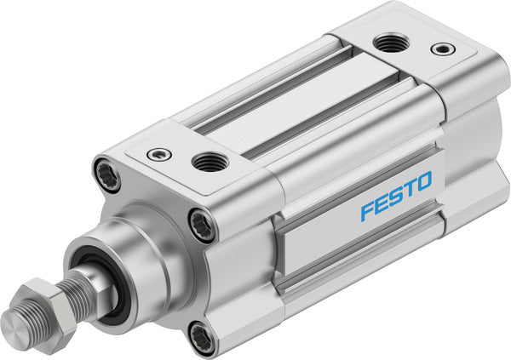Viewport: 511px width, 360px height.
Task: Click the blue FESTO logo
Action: (x=396, y=195)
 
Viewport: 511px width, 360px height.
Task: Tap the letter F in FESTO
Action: (x=366, y=210)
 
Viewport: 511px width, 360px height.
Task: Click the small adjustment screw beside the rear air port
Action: (x=442, y=49)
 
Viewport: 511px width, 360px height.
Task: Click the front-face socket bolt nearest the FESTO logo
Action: (x=202, y=226)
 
